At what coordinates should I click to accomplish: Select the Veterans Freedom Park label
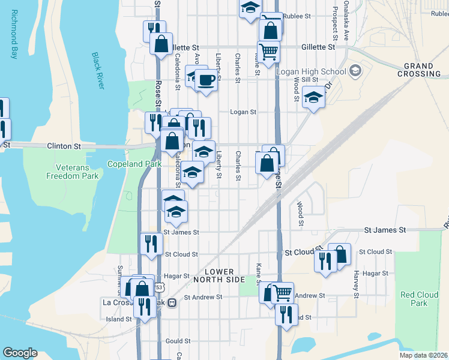tap(73, 172)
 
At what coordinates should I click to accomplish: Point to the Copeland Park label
tap(126, 163)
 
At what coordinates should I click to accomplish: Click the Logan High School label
tap(311, 72)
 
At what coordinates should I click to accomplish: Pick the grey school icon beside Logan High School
tap(355, 71)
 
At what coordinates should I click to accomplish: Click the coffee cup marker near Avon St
tap(206, 80)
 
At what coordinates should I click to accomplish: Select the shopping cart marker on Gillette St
tap(268, 51)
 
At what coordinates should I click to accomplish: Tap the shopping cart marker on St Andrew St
tap(282, 293)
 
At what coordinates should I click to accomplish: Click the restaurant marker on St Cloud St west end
tap(151, 243)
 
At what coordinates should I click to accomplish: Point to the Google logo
tap(20, 353)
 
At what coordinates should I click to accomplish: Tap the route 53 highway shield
tap(158, 288)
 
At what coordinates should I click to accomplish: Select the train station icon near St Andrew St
tap(172, 302)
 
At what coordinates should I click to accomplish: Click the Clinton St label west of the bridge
tap(64, 146)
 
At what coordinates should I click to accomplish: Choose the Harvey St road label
tap(356, 284)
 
